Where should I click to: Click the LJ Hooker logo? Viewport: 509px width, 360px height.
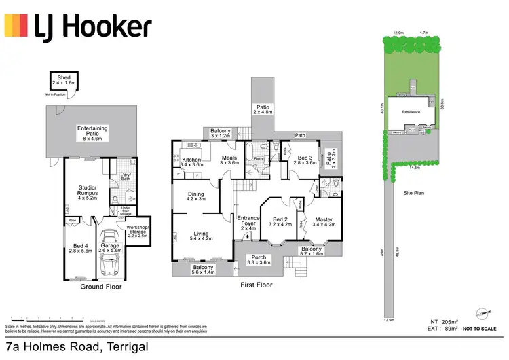point(78,27)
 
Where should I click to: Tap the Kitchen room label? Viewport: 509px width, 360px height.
point(192,161)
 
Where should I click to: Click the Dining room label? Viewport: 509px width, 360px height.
point(195,196)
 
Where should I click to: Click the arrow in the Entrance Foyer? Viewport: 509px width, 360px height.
point(246,236)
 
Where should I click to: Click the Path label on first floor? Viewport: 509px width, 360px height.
point(299,135)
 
